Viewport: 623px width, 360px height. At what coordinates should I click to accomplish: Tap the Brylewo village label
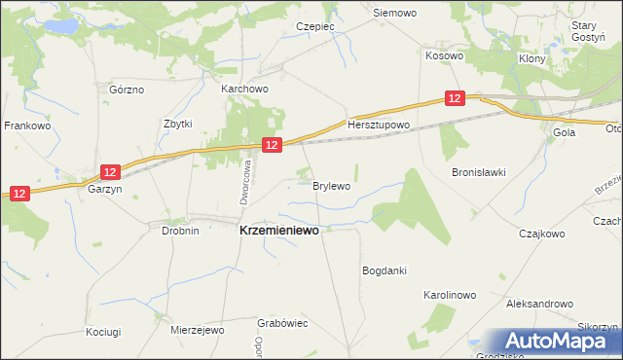click(x=331, y=185)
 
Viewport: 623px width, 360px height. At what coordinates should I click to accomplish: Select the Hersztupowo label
click(x=380, y=126)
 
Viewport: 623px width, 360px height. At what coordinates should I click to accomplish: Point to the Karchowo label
click(x=244, y=89)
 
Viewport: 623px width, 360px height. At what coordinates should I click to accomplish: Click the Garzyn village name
click(x=104, y=191)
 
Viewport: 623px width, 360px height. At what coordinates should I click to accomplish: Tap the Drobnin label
click(x=180, y=232)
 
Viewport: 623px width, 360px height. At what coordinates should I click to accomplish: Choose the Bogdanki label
click(x=384, y=270)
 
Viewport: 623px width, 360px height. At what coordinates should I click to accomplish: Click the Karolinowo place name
click(x=449, y=294)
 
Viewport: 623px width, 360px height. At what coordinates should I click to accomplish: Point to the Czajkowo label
click(x=542, y=234)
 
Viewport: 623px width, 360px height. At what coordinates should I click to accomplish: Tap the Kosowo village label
click(x=444, y=56)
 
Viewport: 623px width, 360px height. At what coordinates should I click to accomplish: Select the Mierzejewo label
click(x=198, y=330)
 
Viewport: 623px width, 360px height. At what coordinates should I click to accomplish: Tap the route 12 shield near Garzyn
click(x=109, y=172)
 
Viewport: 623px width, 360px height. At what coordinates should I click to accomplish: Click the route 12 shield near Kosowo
click(x=456, y=98)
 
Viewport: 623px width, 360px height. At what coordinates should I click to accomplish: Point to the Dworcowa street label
click(x=246, y=182)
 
